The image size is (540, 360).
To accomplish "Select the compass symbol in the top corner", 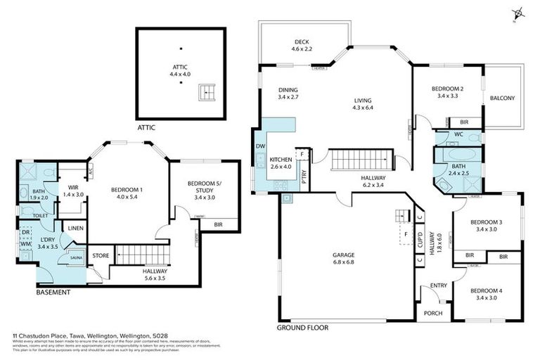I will [x=519, y=12].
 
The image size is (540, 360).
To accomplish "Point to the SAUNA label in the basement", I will [x=75, y=258].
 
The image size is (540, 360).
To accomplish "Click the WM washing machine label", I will [x=25, y=243].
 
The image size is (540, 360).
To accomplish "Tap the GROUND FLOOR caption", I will [x=302, y=328].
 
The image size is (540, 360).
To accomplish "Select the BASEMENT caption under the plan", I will [x=53, y=292].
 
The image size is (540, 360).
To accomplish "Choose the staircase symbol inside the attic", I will [x=205, y=91].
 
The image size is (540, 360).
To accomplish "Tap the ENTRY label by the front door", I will [x=439, y=285].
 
